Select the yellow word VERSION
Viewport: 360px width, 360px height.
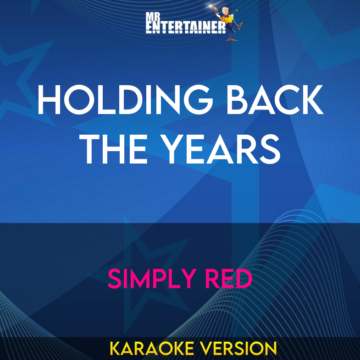pyautogui.click(x=239, y=349)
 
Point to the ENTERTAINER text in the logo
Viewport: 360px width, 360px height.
pyautogui.click(x=185, y=28)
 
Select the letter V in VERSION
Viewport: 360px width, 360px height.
pyautogui.click(x=206, y=349)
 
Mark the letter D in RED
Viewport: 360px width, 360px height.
pyautogui.click(x=243, y=278)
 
